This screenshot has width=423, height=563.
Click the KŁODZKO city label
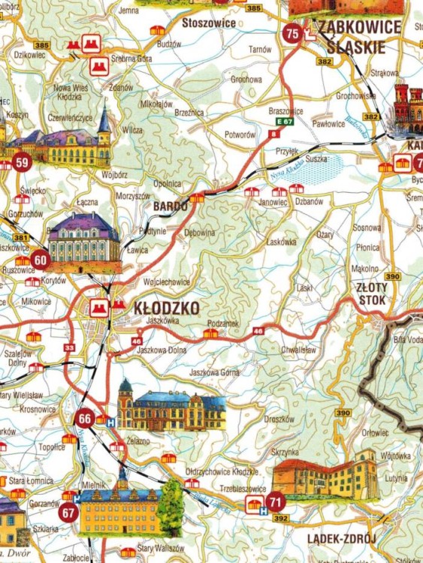coord(166,308)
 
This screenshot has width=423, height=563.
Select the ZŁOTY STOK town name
coord(373,294)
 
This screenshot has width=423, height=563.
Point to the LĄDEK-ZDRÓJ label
coord(341,538)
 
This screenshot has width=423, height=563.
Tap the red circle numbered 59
coord(22,163)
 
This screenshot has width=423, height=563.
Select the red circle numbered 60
coord(40,260)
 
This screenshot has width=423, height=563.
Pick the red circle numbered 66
coord(85,420)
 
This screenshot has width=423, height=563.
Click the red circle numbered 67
coord(69,514)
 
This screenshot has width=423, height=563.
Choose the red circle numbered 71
coord(276,502)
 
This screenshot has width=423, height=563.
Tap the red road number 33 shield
coord(70,348)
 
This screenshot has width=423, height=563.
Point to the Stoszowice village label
coord(209,23)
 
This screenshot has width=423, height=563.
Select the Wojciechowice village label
coord(166,282)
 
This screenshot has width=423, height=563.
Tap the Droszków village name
coord(279,419)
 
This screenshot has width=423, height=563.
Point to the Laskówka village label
coord(282,242)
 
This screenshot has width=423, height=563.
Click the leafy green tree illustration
coord(171,501)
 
